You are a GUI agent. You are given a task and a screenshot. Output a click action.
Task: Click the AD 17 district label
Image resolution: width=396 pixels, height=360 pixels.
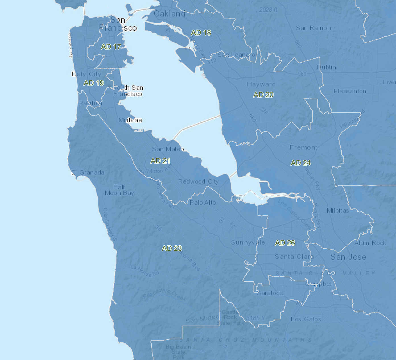click(x=111, y=47)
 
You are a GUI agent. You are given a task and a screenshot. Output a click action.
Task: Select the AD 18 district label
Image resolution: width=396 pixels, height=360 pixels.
click(x=201, y=33)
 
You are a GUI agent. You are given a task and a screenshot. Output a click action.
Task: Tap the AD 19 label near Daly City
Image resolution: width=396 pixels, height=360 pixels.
click(x=94, y=83)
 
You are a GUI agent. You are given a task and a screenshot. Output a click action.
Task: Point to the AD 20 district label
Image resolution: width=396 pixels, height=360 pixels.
click(x=263, y=95)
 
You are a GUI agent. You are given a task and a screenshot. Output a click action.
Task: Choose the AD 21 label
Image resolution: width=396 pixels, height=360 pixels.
click(x=160, y=161)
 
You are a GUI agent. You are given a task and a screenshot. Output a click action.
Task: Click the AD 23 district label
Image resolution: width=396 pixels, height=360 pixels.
click(x=172, y=248)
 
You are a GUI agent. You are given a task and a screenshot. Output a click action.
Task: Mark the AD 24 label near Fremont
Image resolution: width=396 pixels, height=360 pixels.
click(x=301, y=163)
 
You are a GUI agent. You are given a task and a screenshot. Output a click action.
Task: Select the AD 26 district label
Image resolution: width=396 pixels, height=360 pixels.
click(x=285, y=243)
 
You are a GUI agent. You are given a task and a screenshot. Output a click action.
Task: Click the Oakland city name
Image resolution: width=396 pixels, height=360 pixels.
click(x=170, y=13)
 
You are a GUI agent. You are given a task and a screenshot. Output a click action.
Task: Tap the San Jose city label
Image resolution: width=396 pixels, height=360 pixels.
click(x=348, y=257)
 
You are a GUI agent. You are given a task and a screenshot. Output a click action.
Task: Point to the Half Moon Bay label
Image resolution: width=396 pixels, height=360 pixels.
click(x=119, y=190)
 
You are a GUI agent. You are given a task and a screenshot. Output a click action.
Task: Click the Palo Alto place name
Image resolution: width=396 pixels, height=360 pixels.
click(x=203, y=202)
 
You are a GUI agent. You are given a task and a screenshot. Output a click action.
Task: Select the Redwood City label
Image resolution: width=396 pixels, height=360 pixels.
click(x=198, y=181)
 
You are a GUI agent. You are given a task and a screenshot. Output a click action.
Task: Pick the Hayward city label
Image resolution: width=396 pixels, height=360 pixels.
click(x=261, y=84)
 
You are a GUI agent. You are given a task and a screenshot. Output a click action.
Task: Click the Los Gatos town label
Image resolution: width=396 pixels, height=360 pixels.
click(x=306, y=319)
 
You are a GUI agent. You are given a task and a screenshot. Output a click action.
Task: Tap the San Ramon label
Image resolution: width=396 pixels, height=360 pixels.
click(x=313, y=28)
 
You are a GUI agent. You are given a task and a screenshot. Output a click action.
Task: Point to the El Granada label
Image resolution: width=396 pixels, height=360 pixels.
click(x=88, y=172)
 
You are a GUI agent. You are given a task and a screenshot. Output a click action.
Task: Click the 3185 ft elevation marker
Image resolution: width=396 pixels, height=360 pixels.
click(x=255, y=318)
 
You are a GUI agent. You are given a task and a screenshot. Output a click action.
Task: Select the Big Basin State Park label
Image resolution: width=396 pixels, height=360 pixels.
click(x=178, y=352)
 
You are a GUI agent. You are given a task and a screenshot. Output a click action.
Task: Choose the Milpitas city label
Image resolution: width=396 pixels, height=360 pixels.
click(x=338, y=210)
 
